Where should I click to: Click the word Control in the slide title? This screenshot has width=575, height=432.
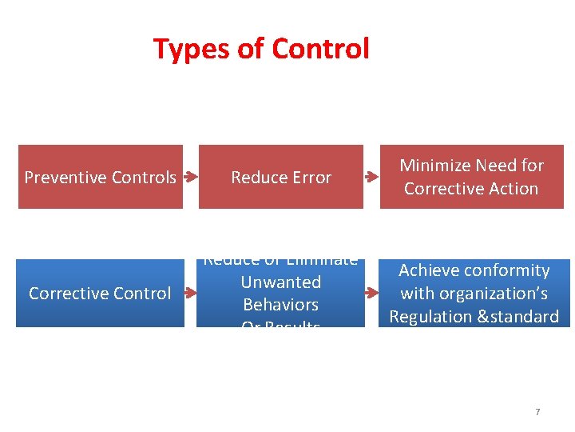point(320,49)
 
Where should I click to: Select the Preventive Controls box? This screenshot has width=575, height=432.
point(101,177)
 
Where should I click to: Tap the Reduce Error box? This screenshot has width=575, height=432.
point(281,177)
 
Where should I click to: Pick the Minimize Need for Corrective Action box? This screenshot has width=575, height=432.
point(471,177)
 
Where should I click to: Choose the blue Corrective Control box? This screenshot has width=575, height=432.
point(100,294)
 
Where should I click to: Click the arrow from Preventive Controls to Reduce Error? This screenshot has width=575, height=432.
point(190,177)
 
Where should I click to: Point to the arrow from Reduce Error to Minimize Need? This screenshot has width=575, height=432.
point(371,177)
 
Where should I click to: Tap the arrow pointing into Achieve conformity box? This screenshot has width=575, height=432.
point(371,294)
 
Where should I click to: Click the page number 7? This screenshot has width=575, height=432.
point(537,412)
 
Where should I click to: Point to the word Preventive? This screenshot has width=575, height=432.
point(61,178)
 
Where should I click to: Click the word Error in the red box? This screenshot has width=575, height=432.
point(311,178)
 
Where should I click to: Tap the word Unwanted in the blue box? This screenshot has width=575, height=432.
point(281,282)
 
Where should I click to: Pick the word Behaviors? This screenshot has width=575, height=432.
point(281,305)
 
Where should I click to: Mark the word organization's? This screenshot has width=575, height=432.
point(492,294)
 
